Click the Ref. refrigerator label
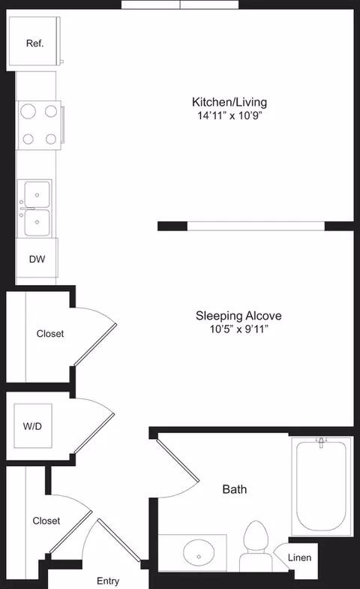coord(35,43)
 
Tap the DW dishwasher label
coord(37,260)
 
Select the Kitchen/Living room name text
coord(229,102)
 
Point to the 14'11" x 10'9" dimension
coord(229,116)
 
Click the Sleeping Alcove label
coord(238,316)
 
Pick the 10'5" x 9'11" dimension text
coord(238,329)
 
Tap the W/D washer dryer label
coord(32,427)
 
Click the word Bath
coord(235,489)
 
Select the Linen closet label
coord(299,557)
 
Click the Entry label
coord(108,581)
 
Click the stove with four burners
coord(39,125)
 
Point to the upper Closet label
coord(50,333)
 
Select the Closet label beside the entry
coord(46,520)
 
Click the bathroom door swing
coord(180,469)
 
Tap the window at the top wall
coord(180,5)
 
